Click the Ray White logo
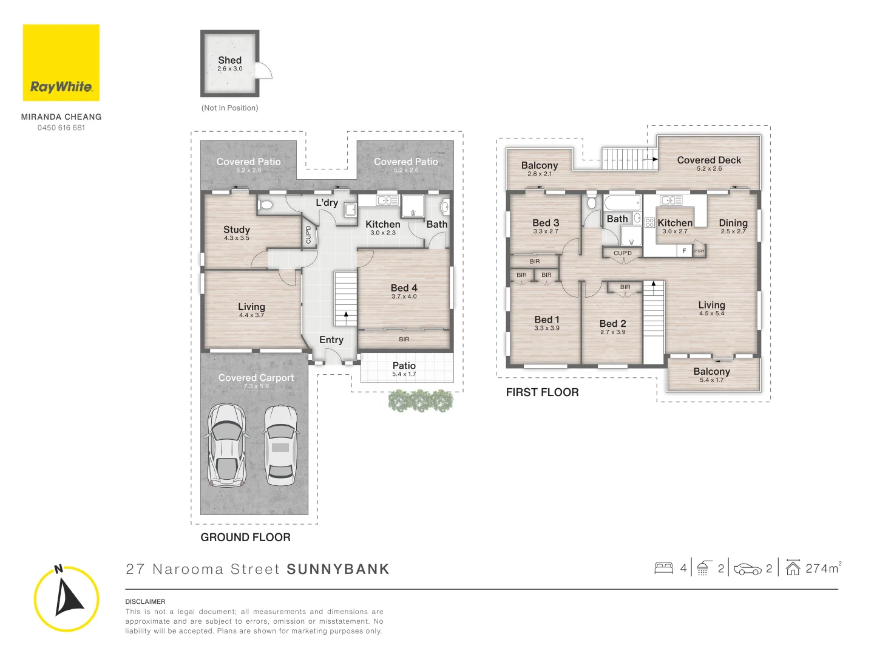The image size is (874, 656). [61, 63]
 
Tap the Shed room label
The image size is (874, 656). [230, 60]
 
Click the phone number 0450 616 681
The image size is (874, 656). [61, 128]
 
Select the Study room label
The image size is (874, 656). [237, 230]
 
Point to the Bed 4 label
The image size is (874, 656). [404, 288]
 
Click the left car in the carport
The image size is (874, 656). [226, 446]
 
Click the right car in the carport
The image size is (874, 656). [280, 446]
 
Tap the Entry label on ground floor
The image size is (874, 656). [331, 340]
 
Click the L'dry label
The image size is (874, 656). [327, 203]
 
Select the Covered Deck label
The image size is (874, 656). [709, 160]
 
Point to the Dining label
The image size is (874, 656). [733, 223]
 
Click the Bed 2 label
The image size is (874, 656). [613, 324]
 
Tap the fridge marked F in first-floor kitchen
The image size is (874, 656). [684, 250]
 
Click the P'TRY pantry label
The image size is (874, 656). [699, 251]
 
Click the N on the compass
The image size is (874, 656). [58, 569]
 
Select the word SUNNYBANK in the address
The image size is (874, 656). [338, 569]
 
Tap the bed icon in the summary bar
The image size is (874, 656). [663, 568]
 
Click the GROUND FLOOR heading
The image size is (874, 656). [246, 538]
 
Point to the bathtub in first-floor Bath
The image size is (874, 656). [622, 202]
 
